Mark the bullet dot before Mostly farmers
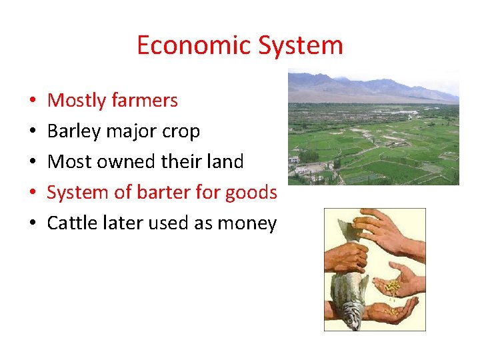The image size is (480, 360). [32, 101]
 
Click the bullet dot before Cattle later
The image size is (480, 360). [32, 224]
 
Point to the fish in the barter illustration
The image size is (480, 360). [349, 280]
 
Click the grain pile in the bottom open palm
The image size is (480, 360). [393, 310]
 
